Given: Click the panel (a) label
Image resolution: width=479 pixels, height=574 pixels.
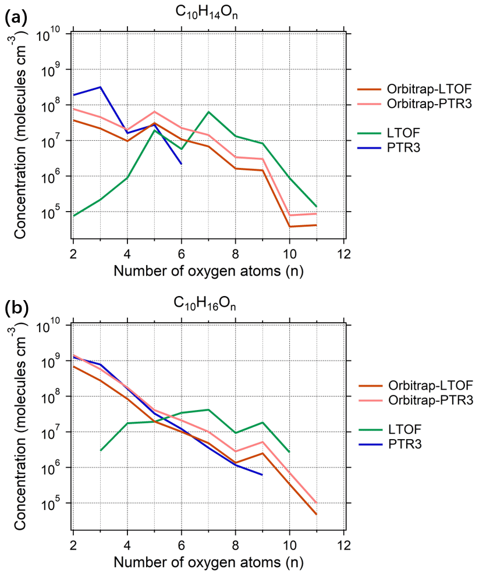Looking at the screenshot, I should [x=15, y=17].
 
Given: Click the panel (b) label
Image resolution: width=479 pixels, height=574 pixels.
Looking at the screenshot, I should [x=15, y=308].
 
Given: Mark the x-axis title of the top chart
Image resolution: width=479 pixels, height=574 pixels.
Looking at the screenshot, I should [x=208, y=270].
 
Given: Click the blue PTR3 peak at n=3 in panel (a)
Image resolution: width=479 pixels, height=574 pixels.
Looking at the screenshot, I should [x=100, y=87].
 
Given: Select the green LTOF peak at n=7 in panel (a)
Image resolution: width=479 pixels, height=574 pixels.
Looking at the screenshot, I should [x=208, y=112].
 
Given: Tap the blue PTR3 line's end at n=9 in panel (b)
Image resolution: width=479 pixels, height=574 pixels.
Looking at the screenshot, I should [x=262, y=475].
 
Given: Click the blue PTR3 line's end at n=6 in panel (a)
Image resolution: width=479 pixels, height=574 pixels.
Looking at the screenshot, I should [x=181, y=164].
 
